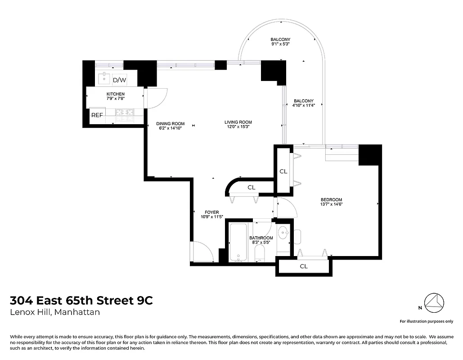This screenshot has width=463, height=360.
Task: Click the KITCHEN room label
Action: click(x=116, y=94)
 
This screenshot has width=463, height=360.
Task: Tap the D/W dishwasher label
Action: click(x=119, y=80)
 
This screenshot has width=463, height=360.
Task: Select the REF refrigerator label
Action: click(x=97, y=115)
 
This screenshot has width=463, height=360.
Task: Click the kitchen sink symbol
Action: click(x=104, y=78)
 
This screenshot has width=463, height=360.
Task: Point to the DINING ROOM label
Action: click(x=171, y=123)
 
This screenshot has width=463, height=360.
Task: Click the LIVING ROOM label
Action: click(x=238, y=122)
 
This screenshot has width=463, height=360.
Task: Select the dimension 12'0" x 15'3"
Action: click(x=238, y=127)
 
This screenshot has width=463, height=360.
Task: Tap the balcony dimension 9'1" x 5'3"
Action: click(x=280, y=44)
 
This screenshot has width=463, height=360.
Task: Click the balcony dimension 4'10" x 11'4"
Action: click(x=303, y=105)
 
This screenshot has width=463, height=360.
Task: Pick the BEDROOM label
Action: click(x=331, y=200)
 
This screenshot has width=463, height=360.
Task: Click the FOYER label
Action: click(x=211, y=212)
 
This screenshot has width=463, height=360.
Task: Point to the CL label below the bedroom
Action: click(x=304, y=266)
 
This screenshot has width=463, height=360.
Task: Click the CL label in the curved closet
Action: click(x=251, y=187)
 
